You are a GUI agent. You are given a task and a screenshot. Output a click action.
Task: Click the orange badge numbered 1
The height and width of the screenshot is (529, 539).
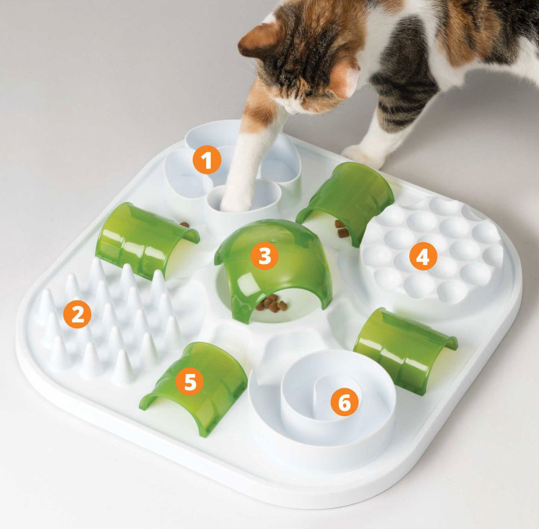[x=207, y=160]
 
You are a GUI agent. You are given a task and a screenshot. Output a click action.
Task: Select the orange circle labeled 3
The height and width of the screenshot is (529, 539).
[x=265, y=256]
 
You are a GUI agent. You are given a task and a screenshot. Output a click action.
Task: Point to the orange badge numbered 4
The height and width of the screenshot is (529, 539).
[x=423, y=256]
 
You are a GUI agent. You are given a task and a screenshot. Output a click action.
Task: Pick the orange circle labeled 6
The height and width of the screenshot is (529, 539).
[x=345, y=403]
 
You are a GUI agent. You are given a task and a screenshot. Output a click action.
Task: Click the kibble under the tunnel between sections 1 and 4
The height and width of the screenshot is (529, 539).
[x=340, y=228]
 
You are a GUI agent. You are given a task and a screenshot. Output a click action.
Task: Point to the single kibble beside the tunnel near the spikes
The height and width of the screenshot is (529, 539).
[x=185, y=224]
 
